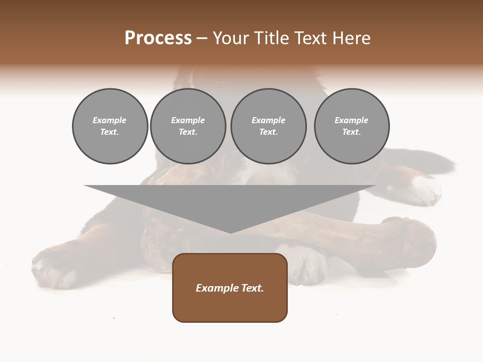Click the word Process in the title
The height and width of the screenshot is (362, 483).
(158, 38)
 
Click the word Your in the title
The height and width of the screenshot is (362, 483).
(231, 38)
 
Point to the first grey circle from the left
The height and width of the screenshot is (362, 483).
(110, 126)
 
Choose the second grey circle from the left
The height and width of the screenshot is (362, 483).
(188, 126)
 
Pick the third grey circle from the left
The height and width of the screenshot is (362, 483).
(268, 126)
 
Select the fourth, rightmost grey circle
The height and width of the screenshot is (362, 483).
(352, 126)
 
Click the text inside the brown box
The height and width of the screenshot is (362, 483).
(230, 288)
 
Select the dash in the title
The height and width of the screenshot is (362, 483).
(202, 38)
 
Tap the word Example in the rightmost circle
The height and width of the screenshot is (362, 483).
(352, 120)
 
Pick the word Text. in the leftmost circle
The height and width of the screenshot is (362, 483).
(110, 132)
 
